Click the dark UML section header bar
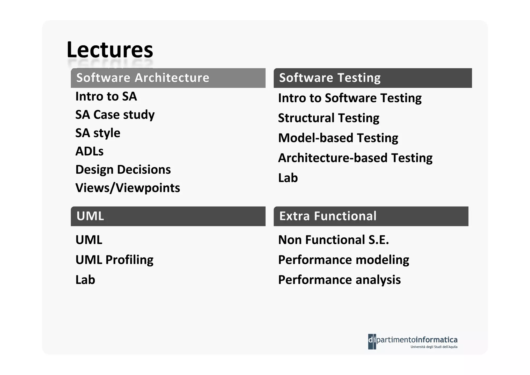(168, 216)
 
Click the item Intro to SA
(106, 96)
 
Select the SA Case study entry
(115, 115)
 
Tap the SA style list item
(98, 133)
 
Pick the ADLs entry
(89, 151)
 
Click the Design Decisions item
(123, 170)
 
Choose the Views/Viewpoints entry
(128, 188)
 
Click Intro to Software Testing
(350, 98)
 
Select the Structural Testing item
(328, 118)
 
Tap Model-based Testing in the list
(338, 138)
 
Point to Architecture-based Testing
(355, 158)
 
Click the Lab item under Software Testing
(288, 178)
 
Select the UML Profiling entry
(114, 260)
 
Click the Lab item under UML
(85, 280)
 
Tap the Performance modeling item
(343, 260)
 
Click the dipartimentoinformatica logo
(413, 342)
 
